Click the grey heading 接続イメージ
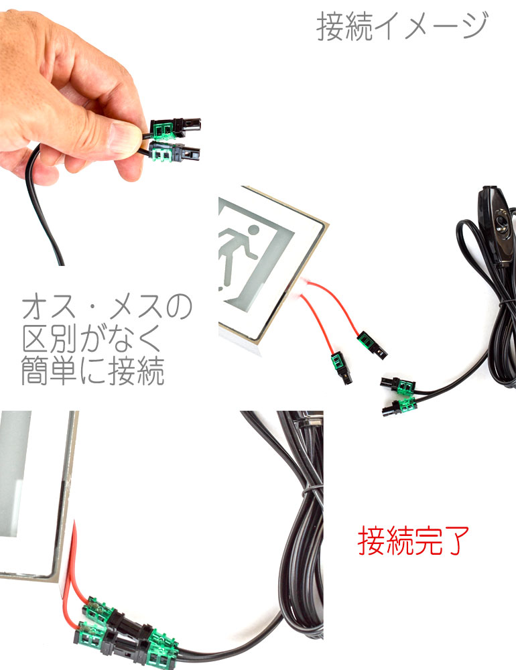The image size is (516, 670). click(x=402, y=26)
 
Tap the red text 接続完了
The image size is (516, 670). click(x=413, y=541)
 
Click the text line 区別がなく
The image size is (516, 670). click(x=92, y=338)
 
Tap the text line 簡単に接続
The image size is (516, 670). click(x=92, y=371)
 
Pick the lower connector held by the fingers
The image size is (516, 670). click(x=174, y=153)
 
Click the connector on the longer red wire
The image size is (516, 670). click(x=372, y=345)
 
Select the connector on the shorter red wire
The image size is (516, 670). click(x=340, y=368)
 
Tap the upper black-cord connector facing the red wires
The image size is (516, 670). click(x=397, y=385)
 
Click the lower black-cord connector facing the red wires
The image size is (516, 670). click(x=399, y=407)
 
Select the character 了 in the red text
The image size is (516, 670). click(x=456, y=541)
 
